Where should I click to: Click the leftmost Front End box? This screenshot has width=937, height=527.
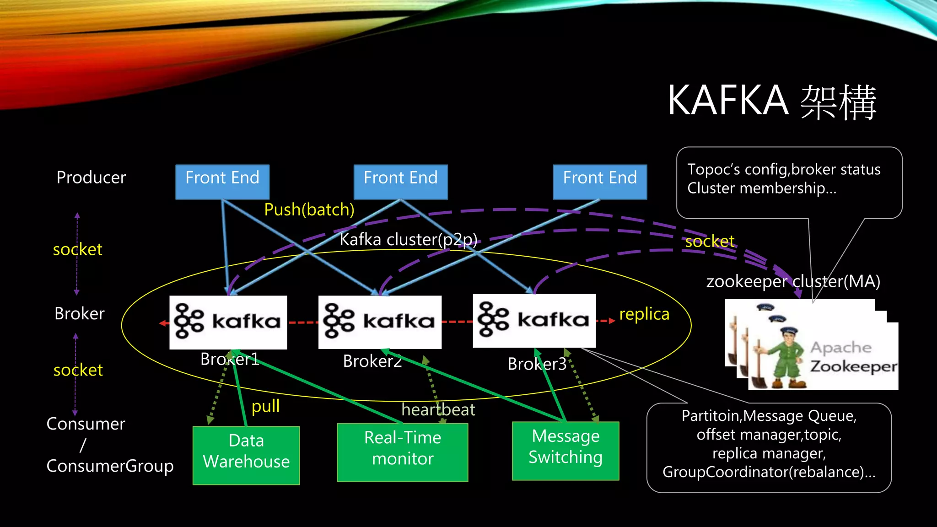222,182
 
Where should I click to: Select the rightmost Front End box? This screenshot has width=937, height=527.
600,182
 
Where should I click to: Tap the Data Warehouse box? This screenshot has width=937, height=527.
246,455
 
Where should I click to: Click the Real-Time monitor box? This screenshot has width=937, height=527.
402,452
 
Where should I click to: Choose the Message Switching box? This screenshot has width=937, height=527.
565,451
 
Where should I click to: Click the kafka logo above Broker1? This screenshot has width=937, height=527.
228,322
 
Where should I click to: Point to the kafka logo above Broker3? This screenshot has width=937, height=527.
534,320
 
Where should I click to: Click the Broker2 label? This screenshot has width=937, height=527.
372,361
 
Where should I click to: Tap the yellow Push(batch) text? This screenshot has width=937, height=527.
309,210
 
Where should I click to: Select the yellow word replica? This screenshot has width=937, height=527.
644,314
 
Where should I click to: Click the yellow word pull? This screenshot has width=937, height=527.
265,406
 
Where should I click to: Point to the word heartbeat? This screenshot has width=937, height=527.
438,409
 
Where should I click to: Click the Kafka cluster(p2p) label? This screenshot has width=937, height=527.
408,239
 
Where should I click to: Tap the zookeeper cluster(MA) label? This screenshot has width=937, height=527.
793,281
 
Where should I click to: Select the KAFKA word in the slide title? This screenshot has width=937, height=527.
727,101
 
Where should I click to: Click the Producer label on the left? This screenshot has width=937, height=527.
91,177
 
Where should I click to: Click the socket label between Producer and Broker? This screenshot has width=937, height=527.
78,249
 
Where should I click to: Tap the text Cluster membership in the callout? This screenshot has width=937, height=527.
756,188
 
